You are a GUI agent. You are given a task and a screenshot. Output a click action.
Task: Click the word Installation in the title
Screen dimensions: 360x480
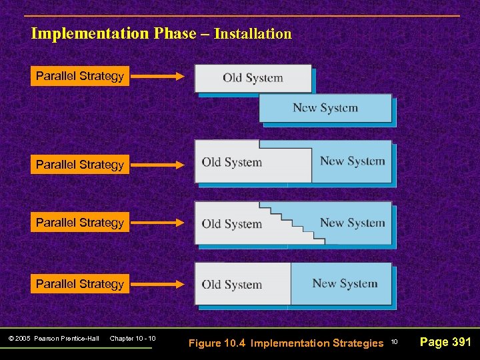pos(253,33)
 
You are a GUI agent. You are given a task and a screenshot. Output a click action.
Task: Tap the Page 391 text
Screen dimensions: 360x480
pos(445,342)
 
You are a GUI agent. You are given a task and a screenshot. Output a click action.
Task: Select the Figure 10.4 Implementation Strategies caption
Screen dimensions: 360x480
pos(286,343)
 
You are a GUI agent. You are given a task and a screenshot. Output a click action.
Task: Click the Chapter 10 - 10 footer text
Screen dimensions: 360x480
pos(133,339)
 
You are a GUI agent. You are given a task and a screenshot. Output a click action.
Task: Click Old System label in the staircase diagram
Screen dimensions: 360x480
pos(231,224)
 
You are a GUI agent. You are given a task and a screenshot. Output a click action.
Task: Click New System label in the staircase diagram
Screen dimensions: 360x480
pos(352,223)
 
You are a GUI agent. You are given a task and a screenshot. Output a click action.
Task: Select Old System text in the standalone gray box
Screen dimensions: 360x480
pos(253,78)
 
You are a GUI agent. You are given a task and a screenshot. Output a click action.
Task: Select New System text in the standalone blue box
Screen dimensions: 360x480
pos(325,108)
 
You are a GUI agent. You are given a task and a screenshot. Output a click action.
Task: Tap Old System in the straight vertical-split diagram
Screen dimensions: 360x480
pos(231,285)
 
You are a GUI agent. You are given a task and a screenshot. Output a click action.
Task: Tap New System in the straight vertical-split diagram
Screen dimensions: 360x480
pos(345,283)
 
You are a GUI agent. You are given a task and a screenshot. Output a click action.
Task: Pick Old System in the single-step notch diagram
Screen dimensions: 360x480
pos(231,162)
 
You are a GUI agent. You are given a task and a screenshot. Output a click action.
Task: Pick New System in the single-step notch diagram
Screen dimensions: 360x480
pos(352,161)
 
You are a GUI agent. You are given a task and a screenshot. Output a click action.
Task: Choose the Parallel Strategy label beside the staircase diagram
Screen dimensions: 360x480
pos(80,223)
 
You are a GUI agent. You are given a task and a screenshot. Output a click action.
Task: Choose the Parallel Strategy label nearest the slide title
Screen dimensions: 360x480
pos(80,76)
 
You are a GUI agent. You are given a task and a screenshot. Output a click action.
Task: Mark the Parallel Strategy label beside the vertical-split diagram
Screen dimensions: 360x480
pos(80,284)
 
